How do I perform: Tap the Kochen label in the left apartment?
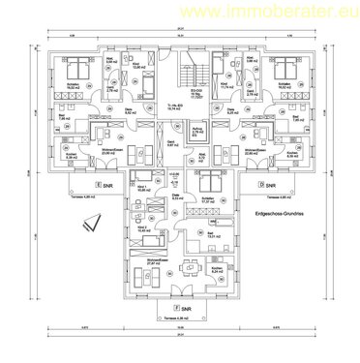click(x=60, y=155)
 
